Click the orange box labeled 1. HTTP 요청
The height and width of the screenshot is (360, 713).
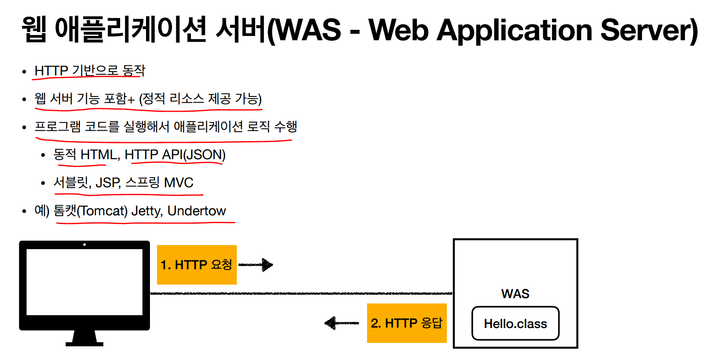(196, 265)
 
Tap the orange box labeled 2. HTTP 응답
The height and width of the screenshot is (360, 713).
(406, 323)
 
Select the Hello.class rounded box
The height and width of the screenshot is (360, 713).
(515, 324)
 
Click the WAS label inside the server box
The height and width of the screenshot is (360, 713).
(515, 294)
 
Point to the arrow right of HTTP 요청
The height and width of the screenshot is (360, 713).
(256, 264)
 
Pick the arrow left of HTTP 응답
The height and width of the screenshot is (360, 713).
(342, 323)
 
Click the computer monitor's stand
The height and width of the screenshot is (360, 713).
(85, 338)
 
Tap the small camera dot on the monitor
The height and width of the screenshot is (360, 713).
(85, 245)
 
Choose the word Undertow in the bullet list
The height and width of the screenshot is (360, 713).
(196, 211)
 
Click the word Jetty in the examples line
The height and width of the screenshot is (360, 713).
(146, 211)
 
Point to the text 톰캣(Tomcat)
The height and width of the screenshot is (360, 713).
(90, 211)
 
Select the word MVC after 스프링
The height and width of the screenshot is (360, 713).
(178, 182)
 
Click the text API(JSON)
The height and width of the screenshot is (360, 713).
(193, 155)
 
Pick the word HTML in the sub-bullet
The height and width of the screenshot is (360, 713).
(99, 155)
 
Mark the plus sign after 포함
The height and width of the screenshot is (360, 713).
(130, 100)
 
